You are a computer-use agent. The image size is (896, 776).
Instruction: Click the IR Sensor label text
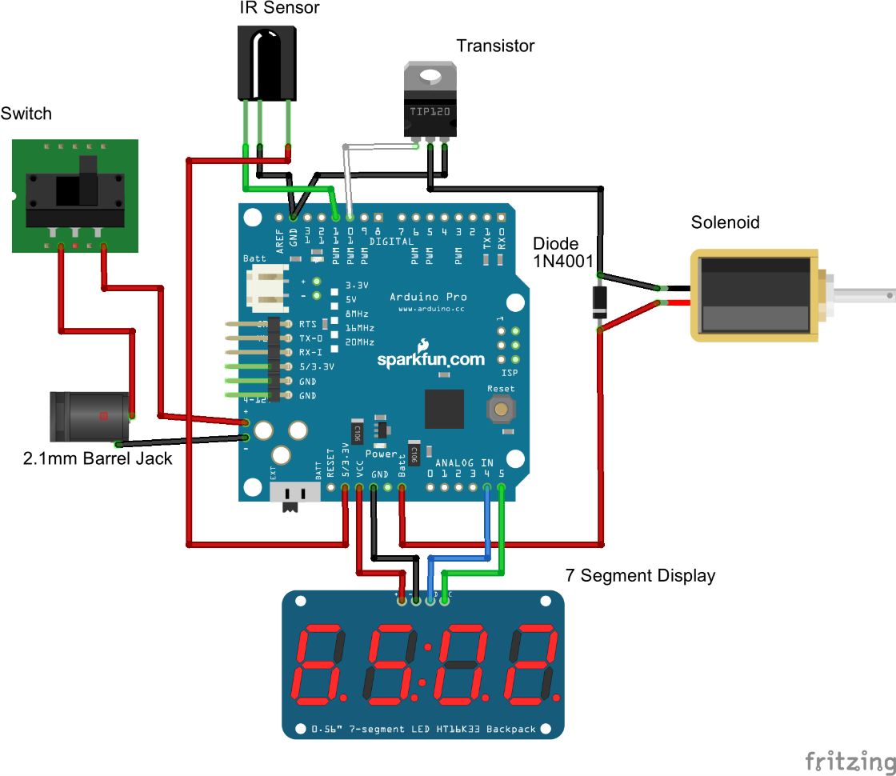pos(279,8)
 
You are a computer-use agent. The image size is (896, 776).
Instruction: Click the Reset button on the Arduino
pos(502,409)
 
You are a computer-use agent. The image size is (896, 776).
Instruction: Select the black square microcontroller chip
pos(444,409)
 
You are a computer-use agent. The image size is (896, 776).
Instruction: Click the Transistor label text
pos(495,46)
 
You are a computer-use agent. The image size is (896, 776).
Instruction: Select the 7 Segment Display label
pos(640,575)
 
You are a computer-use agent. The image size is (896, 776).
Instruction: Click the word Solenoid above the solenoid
pos(725,222)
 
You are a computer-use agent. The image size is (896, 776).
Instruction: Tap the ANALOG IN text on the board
pos(464,462)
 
